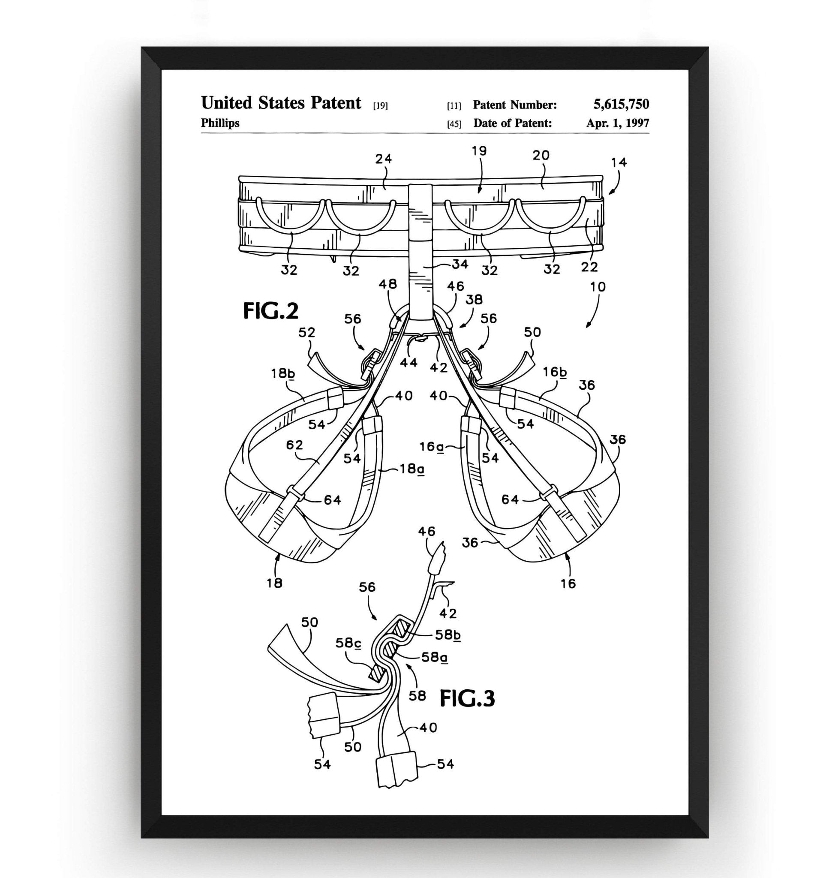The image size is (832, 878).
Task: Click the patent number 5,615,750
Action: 621,105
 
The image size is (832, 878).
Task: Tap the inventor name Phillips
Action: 220,123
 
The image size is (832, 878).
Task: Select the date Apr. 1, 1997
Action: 617,123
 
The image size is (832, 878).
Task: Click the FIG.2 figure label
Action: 270,311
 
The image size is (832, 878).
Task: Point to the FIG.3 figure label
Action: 467,699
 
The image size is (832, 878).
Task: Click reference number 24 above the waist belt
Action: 383,159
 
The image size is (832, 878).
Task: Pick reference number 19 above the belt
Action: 479,151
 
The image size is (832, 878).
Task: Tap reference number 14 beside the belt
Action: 619,162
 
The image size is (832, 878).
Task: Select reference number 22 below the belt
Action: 589,267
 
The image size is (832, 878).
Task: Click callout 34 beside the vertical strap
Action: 460,265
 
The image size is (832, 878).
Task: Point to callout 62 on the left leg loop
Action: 294,445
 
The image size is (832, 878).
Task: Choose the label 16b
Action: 555,372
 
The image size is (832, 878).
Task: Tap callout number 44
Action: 408,362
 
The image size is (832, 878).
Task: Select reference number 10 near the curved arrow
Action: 598,287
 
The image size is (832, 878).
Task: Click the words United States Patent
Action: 281,103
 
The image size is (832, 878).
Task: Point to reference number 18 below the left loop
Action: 274,583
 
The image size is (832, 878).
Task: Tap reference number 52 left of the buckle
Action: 306,332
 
